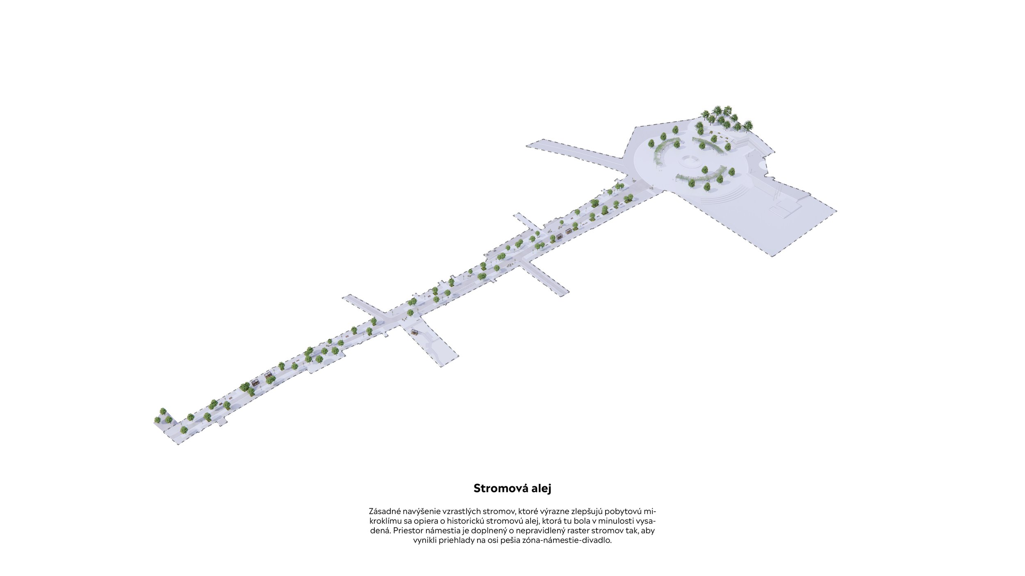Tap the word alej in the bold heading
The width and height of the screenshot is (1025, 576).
pyautogui.click(x=541, y=488)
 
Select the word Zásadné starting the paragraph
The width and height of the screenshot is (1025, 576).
pyautogui.click(x=385, y=511)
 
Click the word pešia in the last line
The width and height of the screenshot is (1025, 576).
pyautogui.click(x=497, y=540)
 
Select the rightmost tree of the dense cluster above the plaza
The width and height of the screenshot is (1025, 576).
pyautogui.click(x=748, y=124)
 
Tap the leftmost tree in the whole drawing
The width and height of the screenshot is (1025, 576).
pyautogui.click(x=157, y=420)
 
